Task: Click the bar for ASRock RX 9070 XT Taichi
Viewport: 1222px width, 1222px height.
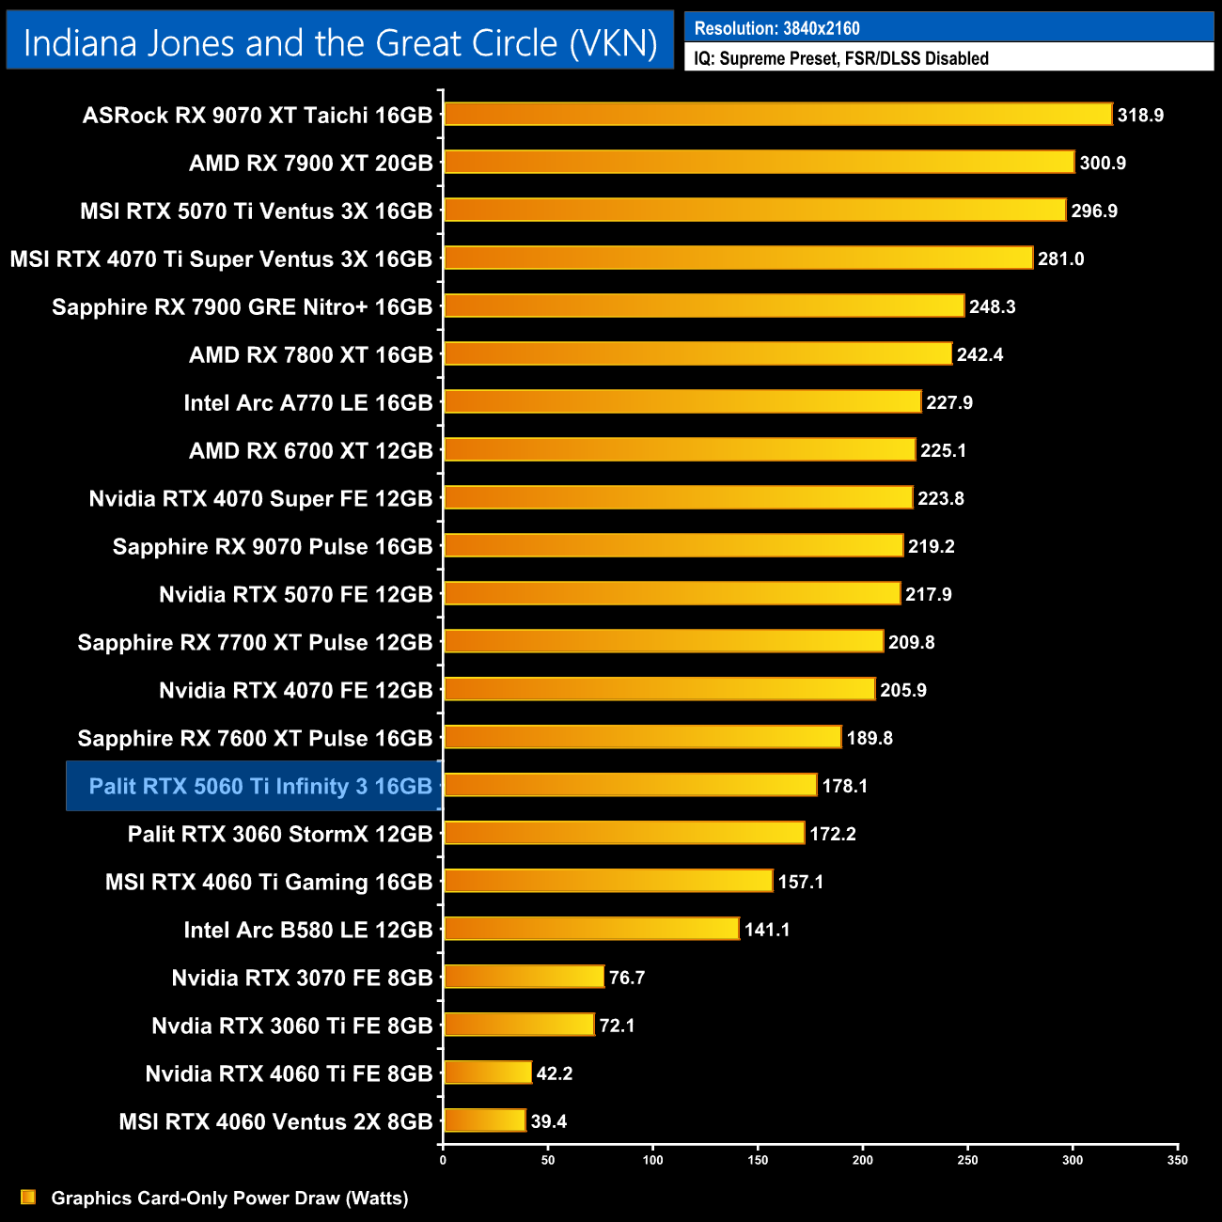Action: (x=777, y=115)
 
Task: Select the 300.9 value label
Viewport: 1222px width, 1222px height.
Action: (x=1103, y=164)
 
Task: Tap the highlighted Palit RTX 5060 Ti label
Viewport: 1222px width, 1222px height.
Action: (x=259, y=786)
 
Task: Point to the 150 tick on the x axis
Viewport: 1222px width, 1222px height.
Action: (x=758, y=1160)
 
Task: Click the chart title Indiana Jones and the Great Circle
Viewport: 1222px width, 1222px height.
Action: (x=340, y=43)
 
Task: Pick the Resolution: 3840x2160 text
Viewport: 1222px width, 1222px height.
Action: (x=777, y=28)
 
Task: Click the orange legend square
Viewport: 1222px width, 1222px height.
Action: (x=28, y=1197)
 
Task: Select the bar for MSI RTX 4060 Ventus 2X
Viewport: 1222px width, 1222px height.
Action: (x=485, y=1120)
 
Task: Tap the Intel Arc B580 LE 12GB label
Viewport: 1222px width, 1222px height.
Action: (x=307, y=930)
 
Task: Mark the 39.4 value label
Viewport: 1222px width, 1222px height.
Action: (x=549, y=1121)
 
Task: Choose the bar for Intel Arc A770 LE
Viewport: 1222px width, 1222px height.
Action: (x=682, y=402)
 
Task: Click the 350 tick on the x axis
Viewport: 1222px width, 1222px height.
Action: (x=1177, y=1160)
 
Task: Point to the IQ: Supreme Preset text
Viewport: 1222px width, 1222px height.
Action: (x=841, y=58)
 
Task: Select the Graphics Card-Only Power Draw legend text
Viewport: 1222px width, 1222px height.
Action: (x=229, y=1198)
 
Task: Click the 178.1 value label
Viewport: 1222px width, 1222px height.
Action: (x=845, y=786)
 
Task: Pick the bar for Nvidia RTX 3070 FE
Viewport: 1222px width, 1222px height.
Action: (x=524, y=977)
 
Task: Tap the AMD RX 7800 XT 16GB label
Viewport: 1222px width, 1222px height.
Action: (x=310, y=354)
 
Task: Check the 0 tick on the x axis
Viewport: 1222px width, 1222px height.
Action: (x=443, y=1160)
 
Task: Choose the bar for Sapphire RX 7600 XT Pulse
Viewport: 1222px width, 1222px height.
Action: (x=642, y=738)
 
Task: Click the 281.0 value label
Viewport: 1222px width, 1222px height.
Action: (x=1061, y=258)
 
